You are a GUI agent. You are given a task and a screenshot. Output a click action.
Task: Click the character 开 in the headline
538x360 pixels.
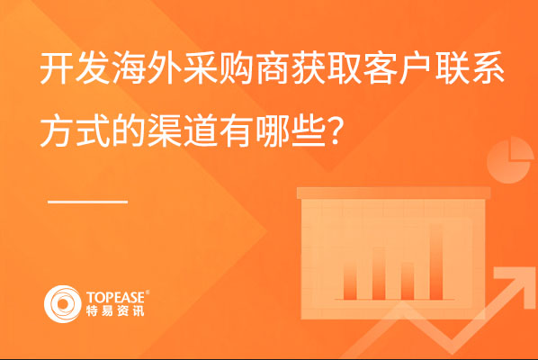57,68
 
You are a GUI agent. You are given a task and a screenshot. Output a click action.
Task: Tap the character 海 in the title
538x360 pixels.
129,68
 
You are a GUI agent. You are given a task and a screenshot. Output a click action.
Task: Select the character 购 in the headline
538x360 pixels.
236,68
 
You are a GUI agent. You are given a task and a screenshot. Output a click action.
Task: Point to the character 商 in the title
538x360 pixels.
272,68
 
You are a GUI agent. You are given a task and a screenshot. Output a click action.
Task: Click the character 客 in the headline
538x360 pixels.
379,68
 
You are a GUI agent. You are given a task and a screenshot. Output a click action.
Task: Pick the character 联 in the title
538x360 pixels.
451,68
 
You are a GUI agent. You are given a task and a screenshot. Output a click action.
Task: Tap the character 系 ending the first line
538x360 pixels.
487,68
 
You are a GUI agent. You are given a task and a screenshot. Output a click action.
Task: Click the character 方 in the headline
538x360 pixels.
57,130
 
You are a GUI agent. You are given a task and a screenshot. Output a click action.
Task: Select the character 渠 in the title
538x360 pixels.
164,130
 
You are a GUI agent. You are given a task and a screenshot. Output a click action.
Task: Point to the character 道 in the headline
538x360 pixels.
200,130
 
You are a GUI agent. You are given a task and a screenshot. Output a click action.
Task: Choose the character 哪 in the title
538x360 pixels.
272,130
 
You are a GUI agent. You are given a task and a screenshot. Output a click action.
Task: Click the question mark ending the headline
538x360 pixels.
334,130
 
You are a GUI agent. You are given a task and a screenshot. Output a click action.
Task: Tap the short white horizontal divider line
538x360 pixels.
88,202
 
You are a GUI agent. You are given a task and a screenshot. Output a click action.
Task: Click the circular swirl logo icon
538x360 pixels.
62,304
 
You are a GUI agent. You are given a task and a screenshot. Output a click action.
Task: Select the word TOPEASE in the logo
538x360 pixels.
116,297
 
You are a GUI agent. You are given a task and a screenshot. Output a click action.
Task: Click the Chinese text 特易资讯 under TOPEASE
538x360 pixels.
115,310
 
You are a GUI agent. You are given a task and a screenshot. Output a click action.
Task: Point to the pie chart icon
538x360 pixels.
510,160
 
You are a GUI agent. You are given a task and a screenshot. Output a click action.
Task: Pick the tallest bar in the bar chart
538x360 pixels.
436,262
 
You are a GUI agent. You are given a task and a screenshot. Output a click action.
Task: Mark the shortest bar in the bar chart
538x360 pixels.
408,281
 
